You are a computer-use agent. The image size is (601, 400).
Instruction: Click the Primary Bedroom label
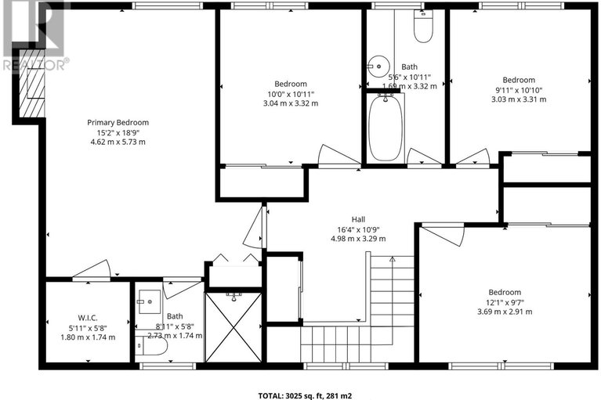(118, 122)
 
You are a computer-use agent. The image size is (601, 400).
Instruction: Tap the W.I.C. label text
(87, 318)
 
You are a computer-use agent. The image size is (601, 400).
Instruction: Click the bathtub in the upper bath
(386, 128)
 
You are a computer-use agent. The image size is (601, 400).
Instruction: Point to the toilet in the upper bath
(423, 27)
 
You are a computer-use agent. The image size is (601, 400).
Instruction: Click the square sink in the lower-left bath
(148, 299)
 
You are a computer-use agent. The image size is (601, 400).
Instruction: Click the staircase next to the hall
(368, 313)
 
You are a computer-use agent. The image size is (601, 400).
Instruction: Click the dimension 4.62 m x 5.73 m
(118, 142)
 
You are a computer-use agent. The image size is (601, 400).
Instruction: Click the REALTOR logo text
(34, 63)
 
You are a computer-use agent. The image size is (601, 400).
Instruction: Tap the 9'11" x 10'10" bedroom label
(518, 80)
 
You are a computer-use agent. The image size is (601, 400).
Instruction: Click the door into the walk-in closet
(92, 270)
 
